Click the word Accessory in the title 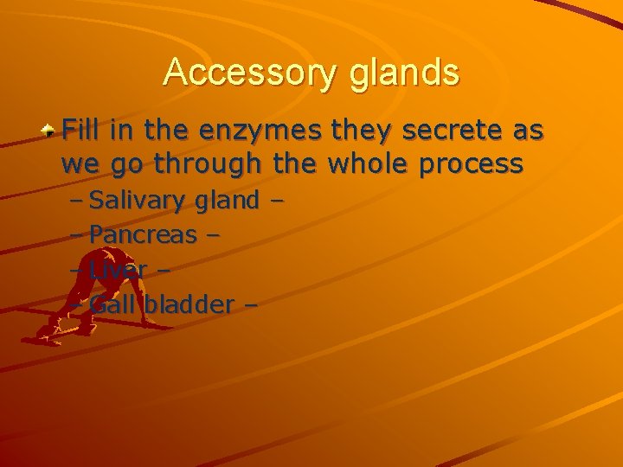pyautogui.click(x=249, y=73)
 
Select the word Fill pyautogui.click(x=80, y=131)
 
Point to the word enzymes pyautogui.click(x=259, y=131)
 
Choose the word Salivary pyautogui.click(x=138, y=202)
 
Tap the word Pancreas pyautogui.click(x=143, y=234)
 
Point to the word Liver pyautogui.click(x=118, y=269)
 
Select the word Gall pyautogui.click(x=113, y=304)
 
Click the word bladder pyautogui.click(x=189, y=304)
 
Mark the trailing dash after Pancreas pyautogui.click(x=213, y=235)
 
